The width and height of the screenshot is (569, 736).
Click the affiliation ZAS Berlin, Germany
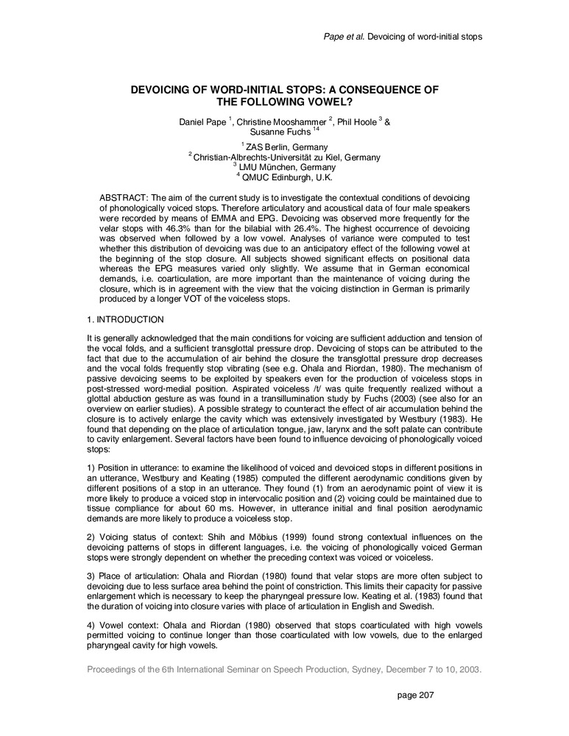point(286,147)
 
